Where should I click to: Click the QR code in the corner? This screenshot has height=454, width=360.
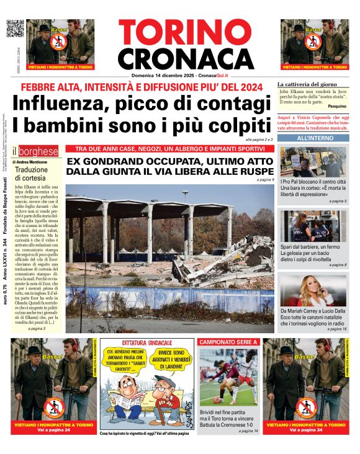click(16, 29)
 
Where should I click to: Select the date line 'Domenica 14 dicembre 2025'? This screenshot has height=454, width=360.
click(163, 76)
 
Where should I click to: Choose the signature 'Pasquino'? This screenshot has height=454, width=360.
click(337, 107)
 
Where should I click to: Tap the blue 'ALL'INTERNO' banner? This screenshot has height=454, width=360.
click(314, 138)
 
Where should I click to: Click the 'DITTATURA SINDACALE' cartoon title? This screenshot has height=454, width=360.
click(147, 342)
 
